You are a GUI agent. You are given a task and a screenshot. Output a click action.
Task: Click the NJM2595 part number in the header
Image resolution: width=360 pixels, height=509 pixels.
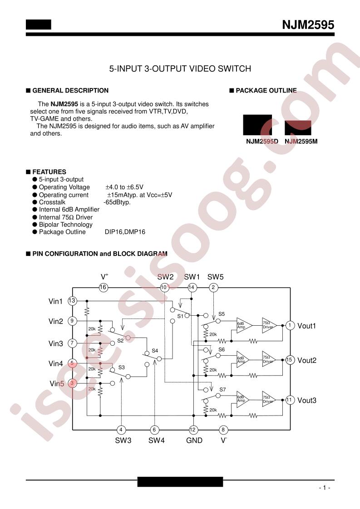tap(308, 24)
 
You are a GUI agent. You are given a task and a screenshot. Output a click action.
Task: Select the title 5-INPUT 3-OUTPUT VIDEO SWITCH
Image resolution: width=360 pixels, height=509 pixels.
tap(180, 69)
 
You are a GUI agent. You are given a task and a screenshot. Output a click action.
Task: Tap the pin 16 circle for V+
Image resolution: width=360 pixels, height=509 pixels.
tap(103, 287)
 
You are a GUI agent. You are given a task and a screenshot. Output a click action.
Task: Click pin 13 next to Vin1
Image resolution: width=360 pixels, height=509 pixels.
tap(72, 301)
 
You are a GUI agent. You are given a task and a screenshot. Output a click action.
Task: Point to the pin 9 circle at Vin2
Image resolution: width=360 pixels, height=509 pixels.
tap(72, 321)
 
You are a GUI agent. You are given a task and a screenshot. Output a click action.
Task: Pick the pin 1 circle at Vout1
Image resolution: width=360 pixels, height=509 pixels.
tap(290, 325)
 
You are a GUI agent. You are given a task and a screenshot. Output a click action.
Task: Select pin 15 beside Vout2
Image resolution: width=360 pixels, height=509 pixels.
tap(289, 360)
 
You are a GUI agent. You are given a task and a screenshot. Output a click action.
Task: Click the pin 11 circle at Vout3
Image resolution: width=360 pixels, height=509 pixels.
tap(289, 400)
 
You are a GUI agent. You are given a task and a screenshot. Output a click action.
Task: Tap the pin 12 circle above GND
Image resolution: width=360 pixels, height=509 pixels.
tap(192, 430)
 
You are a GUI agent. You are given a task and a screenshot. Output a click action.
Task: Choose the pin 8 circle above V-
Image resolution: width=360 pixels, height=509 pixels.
tap(223, 430)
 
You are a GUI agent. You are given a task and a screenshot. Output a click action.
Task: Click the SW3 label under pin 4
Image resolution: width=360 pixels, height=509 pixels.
tap(123, 440)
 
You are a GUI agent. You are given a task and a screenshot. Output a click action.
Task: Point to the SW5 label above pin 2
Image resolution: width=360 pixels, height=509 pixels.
tap(216, 277)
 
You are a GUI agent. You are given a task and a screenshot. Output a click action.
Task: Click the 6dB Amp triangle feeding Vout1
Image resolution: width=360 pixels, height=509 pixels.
tap(244, 325)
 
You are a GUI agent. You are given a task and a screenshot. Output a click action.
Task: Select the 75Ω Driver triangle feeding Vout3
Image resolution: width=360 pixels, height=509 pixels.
tap(269, 399)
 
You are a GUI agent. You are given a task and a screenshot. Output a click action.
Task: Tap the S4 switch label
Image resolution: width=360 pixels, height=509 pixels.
tap(155, 351)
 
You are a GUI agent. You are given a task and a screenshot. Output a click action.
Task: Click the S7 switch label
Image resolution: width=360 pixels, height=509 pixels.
tap(222, 390)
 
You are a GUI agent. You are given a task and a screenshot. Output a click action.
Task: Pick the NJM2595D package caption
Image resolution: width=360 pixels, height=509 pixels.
tap(262, 142)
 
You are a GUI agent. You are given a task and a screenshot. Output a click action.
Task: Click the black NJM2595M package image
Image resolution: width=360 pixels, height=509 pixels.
tap(298, 127)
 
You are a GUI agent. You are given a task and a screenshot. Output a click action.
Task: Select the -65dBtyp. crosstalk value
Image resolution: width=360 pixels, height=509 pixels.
tap(117, 202)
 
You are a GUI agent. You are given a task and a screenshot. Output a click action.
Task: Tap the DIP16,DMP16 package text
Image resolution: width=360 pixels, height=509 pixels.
tap(125, 232)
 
